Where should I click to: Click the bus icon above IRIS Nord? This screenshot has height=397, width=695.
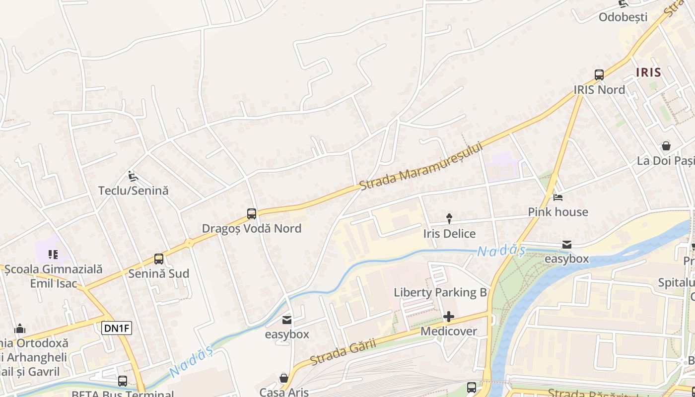click(x=599, y=75)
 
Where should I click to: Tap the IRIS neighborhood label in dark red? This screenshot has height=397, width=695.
click(x=648, y=72)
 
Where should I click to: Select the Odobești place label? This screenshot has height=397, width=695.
click(x=623, y=17)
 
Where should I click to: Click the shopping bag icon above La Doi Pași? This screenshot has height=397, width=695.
click(x=666, y=146)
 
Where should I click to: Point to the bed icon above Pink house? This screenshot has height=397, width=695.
click(x=558, y=197)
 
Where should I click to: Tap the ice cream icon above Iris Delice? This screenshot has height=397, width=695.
click(x=449, y=218)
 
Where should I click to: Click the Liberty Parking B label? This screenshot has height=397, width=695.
click(x=440, y=292)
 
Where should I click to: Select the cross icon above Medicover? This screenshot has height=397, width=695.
click(x=449, y=317)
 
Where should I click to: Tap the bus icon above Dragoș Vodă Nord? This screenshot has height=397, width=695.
click(x=252, y=214)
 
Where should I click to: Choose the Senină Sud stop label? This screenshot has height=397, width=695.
click(x=158, y=273)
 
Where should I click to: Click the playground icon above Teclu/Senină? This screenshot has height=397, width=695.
click(x=133, y=176)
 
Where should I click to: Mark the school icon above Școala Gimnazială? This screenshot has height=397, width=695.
click(x=53, y=255)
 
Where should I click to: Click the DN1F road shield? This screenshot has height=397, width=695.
click(x=117, y=328)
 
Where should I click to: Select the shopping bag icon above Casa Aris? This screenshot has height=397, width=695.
click(x=284, y=378)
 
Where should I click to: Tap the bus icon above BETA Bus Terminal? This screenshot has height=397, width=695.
click(x=123, y=381)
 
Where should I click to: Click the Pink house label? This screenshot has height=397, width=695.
click(x=557, y=212)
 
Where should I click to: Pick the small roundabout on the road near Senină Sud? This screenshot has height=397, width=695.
click(x=189, y=243)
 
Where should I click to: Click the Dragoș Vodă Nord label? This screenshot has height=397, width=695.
click(x=251, y=229)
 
